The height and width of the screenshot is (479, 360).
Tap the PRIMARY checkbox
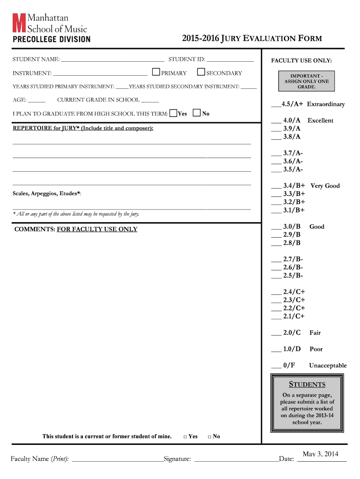pos(156,72)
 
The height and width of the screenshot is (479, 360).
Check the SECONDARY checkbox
pos(201,72)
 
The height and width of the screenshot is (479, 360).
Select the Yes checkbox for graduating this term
pos(173,113)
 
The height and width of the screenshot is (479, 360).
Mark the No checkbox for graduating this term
pos(197,113)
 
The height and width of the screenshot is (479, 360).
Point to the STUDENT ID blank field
pos(230,60)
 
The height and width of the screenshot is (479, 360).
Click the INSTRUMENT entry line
pos(100,73)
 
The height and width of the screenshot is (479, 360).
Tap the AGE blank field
pos(37,100)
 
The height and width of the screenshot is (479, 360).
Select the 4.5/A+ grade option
pos(292,104)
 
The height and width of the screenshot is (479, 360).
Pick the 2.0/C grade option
pos(292,333)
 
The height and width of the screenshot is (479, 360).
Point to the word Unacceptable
pos(327,365)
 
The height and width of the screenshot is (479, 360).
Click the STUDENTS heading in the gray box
pos(307,385)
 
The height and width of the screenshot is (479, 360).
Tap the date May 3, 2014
pos(320,454)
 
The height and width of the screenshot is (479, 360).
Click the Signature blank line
pos(236,460)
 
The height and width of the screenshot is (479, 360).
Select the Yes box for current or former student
pos(185,436)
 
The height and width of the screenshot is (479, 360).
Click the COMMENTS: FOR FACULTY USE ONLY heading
pos(76,229)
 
